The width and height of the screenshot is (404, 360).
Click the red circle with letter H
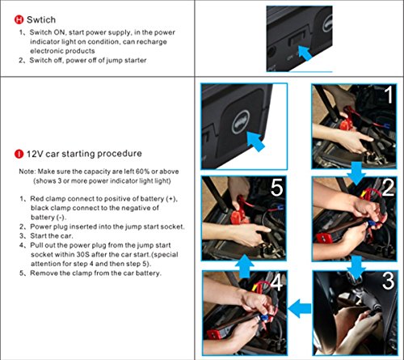pyautogui.click(x=19, y=19)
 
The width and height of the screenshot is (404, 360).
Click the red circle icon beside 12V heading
pyautogui.click(x=19, y=154)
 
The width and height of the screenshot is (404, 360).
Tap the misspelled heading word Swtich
pyautogui.click(x=41, y=19)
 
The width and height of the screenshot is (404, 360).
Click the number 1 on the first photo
pyautogui.click(x=388, y=95)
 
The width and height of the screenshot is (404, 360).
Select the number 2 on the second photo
pyautogui.click(x=388, y=188)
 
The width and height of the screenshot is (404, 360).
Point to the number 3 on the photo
pyautogui.click(x=389, y=281)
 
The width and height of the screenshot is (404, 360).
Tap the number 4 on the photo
pyautogui.click(x=276, y=282)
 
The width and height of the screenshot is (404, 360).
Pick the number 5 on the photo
pyautogui.click(x=276, y=188)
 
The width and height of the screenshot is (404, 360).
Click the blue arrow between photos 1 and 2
pyautogui.click(x=356, y=173)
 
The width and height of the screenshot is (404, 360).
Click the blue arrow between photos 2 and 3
pyautogui.click(x=356, y=267)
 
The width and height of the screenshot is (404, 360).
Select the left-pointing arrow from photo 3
pyautogui.click(x=300, y=308)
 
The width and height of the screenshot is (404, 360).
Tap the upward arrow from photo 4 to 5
pyautogui.click(x=245, y=266)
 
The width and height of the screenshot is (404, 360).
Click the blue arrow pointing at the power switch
pyautogui.click(x=305, y=53)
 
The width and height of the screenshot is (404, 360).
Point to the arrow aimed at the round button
pyautogui.click(x=256, y=142)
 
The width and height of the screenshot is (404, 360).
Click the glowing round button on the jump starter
pyautogui.click(x=241, y=122)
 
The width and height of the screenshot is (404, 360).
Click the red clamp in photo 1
pyautogui.click(x=346, y=124)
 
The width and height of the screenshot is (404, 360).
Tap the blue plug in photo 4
pyautogui.click(x=264, y=318)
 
